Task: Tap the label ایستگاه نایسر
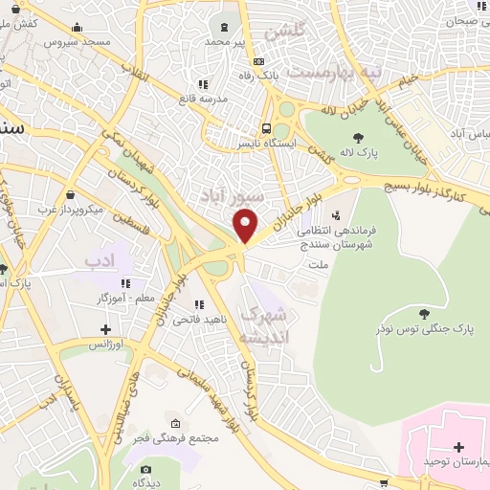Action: tap(268, 144)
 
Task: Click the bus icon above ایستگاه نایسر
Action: tap(268, 128)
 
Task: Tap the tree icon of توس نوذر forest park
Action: tap(424, 313)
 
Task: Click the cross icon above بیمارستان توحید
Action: tap(458, 447)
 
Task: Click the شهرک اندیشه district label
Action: tap(263, 325)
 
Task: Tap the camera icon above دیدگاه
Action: tap(145, 470)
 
